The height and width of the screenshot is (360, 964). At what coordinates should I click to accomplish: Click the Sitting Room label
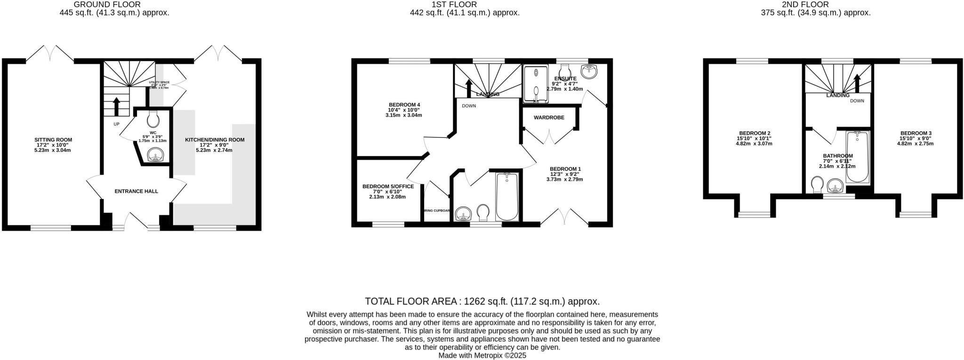tap(53, 140)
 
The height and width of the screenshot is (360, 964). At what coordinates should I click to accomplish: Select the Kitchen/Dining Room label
tap(215, 140)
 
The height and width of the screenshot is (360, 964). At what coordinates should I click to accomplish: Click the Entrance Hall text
tap(137, 192)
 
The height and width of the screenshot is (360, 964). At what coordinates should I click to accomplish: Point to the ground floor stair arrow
tap(116, 106)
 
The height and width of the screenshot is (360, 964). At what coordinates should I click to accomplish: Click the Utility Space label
tap(159, 82)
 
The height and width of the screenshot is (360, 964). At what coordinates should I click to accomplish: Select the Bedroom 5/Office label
tap(388, 186)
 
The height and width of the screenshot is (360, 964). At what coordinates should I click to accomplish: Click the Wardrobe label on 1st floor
tap(549, 118)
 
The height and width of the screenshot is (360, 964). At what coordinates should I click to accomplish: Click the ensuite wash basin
tap(588, 72)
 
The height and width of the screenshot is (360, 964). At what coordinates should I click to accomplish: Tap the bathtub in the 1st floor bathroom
tap(506, 196)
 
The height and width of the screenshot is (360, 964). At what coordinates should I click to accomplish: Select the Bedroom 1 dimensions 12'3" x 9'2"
tap(564, 174)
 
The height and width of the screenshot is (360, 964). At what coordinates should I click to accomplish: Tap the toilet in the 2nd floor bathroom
tap(818, 184)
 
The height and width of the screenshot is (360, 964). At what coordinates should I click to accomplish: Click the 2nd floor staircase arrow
tap(857, 83)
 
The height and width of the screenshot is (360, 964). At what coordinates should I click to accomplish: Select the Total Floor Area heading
tap(482, 301)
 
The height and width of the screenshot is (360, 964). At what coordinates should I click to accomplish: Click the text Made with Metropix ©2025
tap(482, 356)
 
